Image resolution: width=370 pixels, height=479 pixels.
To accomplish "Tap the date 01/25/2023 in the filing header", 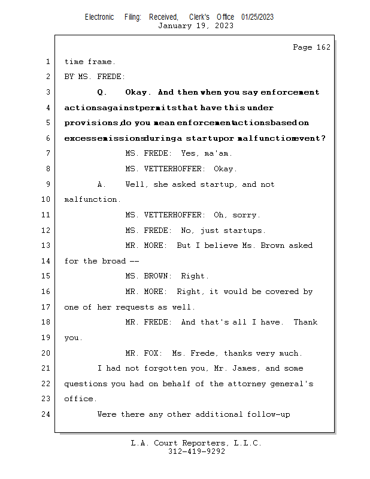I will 257,17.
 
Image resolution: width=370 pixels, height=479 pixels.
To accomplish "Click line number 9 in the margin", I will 47,184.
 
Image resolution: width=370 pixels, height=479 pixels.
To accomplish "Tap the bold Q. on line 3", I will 102,92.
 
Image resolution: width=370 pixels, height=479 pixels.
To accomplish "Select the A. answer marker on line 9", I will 102,184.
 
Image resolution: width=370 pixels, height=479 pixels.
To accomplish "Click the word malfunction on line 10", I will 91,199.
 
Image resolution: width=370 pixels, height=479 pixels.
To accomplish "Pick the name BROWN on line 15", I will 159,276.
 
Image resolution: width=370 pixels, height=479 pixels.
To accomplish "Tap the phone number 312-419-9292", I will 196,451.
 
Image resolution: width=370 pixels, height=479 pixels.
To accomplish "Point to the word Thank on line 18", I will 305,322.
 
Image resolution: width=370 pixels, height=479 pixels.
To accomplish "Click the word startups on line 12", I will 244,231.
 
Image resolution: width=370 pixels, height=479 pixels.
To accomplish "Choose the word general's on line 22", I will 293,384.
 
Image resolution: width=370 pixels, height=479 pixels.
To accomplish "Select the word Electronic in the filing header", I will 99,17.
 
